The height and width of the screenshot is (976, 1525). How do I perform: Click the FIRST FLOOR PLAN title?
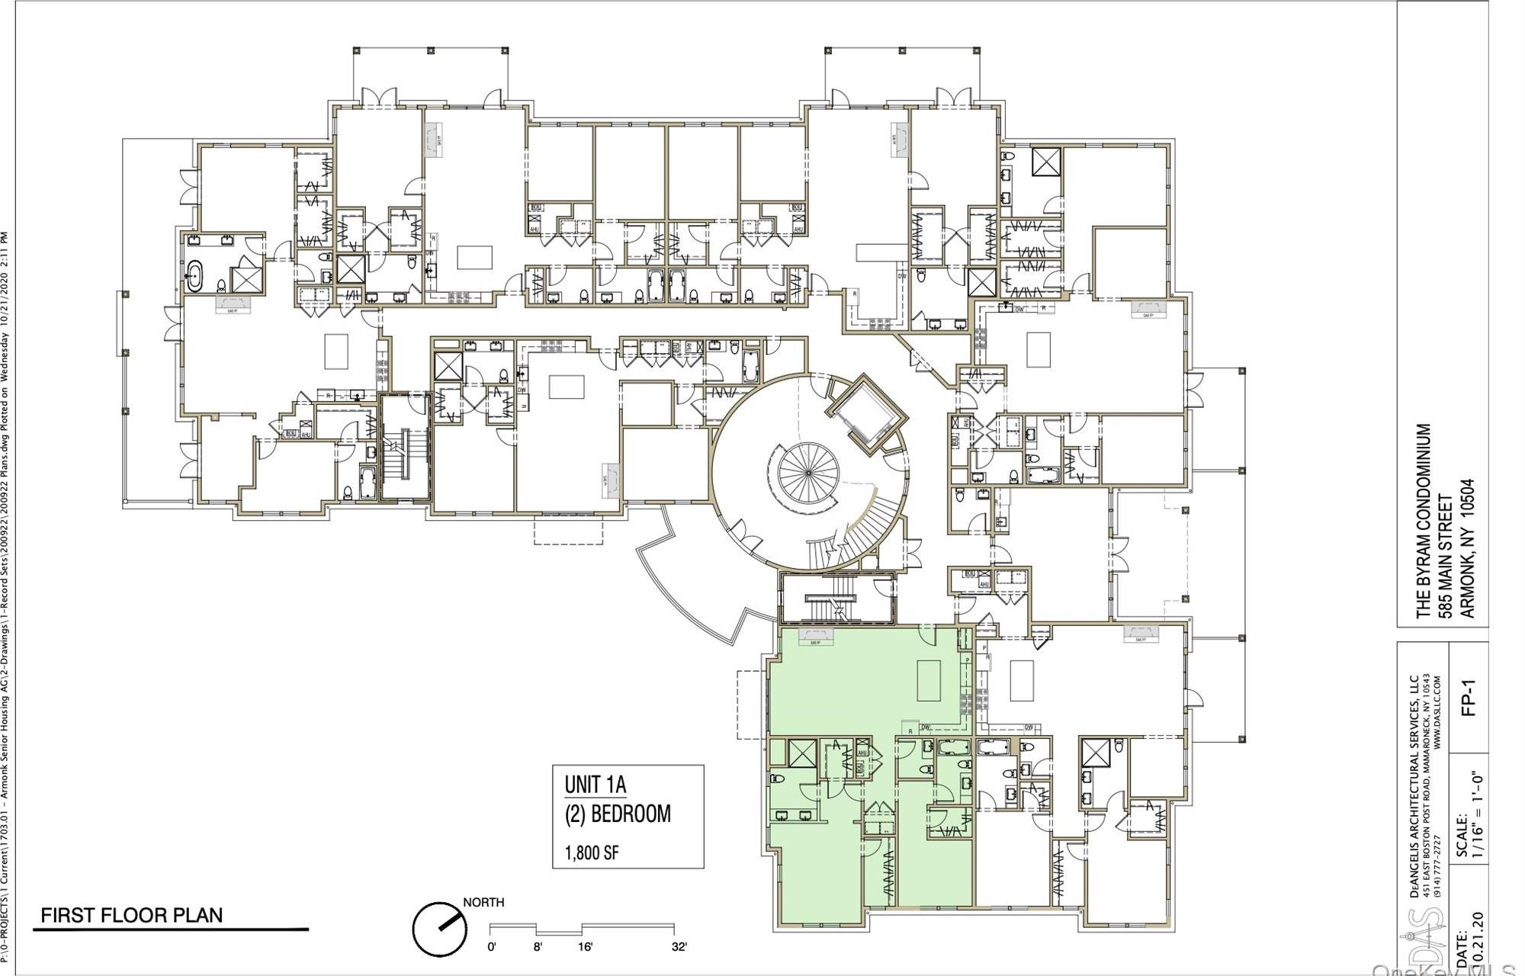pyautogui.click(x=131, y=915)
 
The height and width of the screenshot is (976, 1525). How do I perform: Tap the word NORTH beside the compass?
pyautogui.click(x=483, y=903)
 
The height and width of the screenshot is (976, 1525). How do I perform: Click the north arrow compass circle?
pyautogui.click(x=440, y=929)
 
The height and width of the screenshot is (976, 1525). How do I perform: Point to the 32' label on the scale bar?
pyautogui.click(x=679, y=947)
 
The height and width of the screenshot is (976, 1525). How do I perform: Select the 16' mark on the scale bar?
pyautogui.click(x=585, y=947)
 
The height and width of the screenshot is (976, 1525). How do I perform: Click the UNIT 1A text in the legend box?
pyautogui.click(x=595, y=784)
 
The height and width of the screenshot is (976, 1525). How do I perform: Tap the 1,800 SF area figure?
pyautogui.click(x=591, y=852)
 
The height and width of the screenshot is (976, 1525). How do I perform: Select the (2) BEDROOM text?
pyautogui.click(x=618, y=814)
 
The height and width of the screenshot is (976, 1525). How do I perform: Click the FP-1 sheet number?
pyautogui.click(x=1469, y=698)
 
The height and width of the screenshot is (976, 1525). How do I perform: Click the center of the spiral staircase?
pyautogui.click(x=808, y=473)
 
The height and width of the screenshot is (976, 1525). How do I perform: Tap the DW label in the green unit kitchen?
pyautogui.click(x=926, y=727)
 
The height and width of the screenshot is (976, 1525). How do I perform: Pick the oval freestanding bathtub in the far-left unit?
pyautogui.click(x=194, y=275)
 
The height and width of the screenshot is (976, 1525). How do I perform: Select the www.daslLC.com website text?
pyautogui.click(x=1437, y=711)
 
